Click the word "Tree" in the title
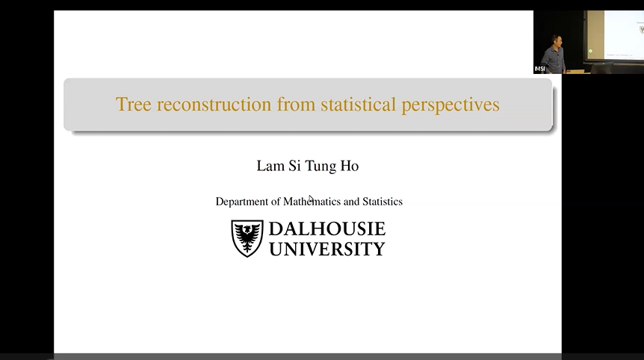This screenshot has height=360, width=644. (x=130, y=105)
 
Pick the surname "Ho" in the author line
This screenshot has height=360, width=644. (x=350, y=166)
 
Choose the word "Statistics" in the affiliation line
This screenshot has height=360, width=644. (x=383, y=202)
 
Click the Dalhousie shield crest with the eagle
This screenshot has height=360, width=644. (x=247, y=238)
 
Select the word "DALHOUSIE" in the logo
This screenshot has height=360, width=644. (x=326, y=229)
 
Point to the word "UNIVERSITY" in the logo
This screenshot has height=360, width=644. (x=326, y=248)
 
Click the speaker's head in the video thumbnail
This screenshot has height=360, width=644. (x=554, y=39)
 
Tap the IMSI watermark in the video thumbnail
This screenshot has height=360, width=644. (x=539, y=69)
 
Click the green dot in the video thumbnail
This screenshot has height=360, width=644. (x=590, y=51)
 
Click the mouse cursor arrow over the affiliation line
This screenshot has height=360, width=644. (x=311, y=199)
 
